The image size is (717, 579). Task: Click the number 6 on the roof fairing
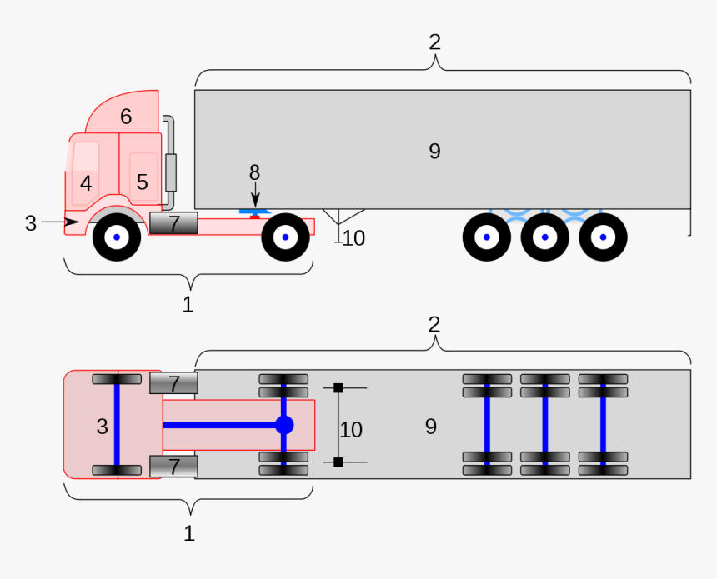tap(126, 117)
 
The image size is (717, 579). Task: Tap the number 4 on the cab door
tap(86, 183)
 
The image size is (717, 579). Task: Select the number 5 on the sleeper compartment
tap(142, 182)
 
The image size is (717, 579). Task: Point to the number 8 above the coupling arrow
tap(254, 172)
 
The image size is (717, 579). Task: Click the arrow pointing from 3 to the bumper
tap(59, 222)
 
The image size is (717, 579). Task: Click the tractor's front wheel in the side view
tap(117, 237)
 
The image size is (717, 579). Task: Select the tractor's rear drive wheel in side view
tap(285, 237)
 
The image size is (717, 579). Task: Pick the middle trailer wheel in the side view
tap(544, 237)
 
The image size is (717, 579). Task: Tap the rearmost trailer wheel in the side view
tap(603, 237)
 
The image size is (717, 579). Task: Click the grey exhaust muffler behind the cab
tap(172, 172)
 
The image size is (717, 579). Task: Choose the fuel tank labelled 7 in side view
tap(173, 223)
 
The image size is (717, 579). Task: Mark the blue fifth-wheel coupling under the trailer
tap(254, 213)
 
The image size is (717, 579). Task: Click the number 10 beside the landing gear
tap(353, 238)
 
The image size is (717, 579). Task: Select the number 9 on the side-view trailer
tap(434, 152)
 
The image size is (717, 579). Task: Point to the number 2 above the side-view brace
tap(434, 42)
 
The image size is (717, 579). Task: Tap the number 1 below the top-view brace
tap(189, 533)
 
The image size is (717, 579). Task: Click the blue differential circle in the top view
tap(284, 425)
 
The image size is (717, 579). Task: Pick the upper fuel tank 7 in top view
tap(173, 383)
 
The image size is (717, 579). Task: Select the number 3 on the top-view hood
tap(102, 427)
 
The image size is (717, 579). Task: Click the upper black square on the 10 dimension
tap(338, 387)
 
